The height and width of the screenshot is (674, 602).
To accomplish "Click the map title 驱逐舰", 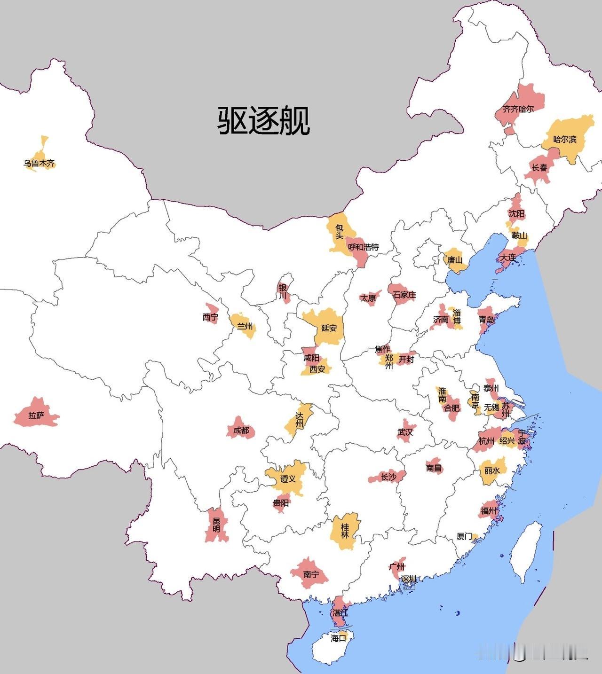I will pyautogui.click(x=263, y=120).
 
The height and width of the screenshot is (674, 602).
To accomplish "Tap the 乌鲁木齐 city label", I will pyautogui.click(x=39, y=164).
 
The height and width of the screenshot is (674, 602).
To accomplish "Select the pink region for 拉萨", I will pyautogui.click(x=36, y=415).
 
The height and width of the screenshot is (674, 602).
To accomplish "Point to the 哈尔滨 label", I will pyautogui.click(x=564, y=139).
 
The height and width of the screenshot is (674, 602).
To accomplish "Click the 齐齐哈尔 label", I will pyautogui.click(x=518, y=109).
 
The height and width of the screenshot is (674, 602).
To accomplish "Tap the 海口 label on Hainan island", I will pyautogui.click(x=338, y=638).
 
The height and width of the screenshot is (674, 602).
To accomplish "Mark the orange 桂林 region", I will pyautogui.click(x=346, y=531).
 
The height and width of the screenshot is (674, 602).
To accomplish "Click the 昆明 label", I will pyautogui.click(x=216, y=525).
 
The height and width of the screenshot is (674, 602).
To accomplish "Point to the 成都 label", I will pyautogui.click(x=241, y=430).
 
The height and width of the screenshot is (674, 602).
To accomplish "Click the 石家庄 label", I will pyautogui.click(x=404, y=295).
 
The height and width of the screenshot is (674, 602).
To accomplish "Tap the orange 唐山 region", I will pyautogui.click(x=454, y=260).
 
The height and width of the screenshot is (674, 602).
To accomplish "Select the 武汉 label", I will pyautogui.click(x=405, y=432).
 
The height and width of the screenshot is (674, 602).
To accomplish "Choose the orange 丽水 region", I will pyautogui.click(x=491, y=471).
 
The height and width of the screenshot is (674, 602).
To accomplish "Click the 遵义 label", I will pyautogui.click(x=288, y=478).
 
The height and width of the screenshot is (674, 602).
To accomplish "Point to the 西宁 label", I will pyautogui.click(x=210, y=317).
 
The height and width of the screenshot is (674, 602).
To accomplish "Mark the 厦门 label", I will pyautogui.click(x=464, y=536).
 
